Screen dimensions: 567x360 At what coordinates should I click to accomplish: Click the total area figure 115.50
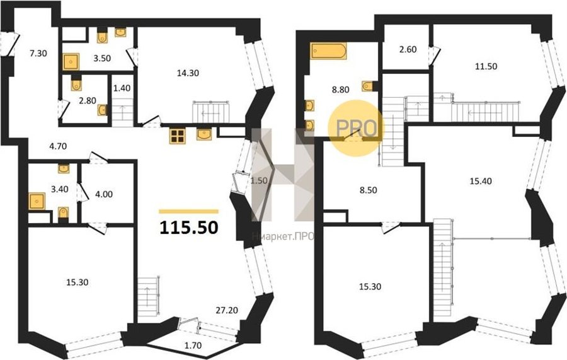(189, 228)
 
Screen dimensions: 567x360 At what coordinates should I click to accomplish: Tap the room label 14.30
(188, 73)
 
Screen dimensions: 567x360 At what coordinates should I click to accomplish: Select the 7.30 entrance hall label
(38, 54)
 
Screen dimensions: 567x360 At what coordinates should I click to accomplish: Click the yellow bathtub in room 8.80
(328, 51)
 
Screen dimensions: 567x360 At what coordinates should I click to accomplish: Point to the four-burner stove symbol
(177, 136)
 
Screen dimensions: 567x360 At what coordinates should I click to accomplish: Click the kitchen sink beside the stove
(205, 134)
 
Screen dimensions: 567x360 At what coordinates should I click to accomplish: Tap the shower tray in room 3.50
(71, 62)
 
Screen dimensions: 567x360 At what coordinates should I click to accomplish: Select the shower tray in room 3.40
(37, 201)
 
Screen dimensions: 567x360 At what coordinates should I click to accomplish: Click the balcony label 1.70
(193, 345)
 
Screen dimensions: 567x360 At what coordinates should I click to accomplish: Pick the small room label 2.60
(408, 49)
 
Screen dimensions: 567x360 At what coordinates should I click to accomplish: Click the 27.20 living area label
(227, 310)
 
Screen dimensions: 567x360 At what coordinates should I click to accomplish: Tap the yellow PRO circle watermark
(356, 128)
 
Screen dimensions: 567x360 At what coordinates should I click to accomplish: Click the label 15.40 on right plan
(481, 181)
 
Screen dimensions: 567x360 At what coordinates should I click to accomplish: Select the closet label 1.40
(122, 88)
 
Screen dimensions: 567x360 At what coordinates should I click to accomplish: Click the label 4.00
(104, 194)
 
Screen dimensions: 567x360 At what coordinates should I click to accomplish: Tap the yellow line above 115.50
(189, 212)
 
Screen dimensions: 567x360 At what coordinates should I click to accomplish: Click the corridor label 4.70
(58, 146)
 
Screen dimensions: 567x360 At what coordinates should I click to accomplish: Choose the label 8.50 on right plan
(368, 190)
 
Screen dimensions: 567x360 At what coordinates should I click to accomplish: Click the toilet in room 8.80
(368, 86)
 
